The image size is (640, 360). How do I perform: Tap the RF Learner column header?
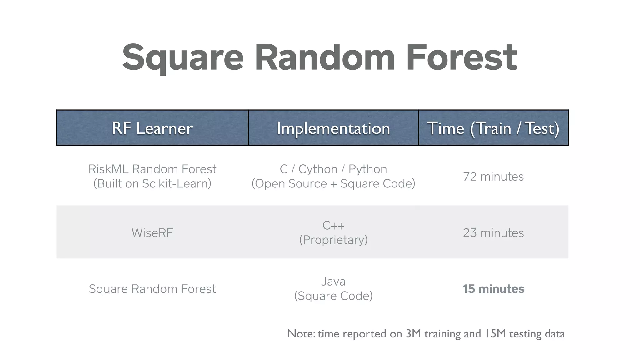(152, 128)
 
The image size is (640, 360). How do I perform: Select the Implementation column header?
(333, 128)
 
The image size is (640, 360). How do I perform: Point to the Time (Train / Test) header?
(493, 128)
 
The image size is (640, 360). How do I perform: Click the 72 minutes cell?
(493, 177)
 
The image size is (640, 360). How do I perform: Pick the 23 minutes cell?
(493, 233)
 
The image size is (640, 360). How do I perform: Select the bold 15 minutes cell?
(493, 289)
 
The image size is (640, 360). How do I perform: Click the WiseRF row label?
(152, 233)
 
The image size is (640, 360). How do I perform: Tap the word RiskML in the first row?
(108, 169)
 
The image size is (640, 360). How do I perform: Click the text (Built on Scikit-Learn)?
(152, 183)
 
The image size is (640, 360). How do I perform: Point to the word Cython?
(318, 169)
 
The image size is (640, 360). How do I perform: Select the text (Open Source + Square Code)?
(333, 183)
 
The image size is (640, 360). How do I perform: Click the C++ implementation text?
(333, 225)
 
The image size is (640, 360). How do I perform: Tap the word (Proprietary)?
(333, 240)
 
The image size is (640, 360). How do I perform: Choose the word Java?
(333, 282)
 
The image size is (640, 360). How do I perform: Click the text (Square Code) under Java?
(333, 296)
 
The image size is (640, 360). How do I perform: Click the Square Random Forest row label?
(152, 289)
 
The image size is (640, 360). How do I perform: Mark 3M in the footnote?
(413, 334)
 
